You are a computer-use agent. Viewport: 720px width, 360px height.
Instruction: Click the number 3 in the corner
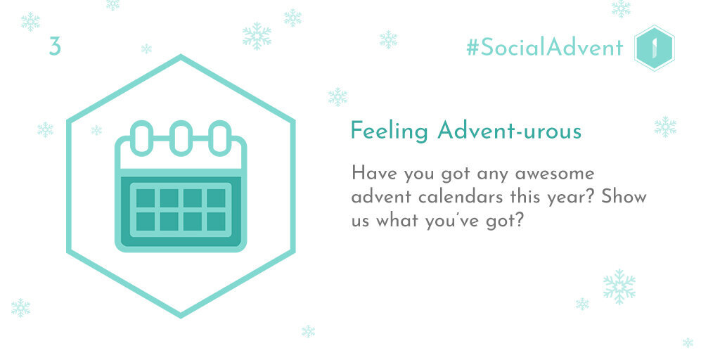(x=55, y=47)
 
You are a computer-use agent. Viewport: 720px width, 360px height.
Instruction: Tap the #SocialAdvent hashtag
(x=545, y=47)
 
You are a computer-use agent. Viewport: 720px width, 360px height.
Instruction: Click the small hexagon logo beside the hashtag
(x=654, y=48)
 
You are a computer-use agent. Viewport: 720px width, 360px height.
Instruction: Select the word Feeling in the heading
(x=389, y=132)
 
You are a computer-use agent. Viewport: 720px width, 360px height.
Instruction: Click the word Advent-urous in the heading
(x=510, y=131)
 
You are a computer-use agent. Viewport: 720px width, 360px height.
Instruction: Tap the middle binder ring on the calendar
(x=181, y=138)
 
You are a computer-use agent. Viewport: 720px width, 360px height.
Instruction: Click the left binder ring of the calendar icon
(x=142, y=138)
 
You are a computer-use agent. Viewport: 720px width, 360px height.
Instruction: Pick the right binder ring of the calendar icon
(x=220, y=138)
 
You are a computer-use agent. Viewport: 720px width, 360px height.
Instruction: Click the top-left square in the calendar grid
(x=146, y=198)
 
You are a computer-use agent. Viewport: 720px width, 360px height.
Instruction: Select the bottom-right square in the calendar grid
(x=216, y=221)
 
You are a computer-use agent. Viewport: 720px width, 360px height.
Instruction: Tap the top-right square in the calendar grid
(x=216, y=198)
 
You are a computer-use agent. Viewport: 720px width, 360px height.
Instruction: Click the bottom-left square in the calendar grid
(x=146, y=221)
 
